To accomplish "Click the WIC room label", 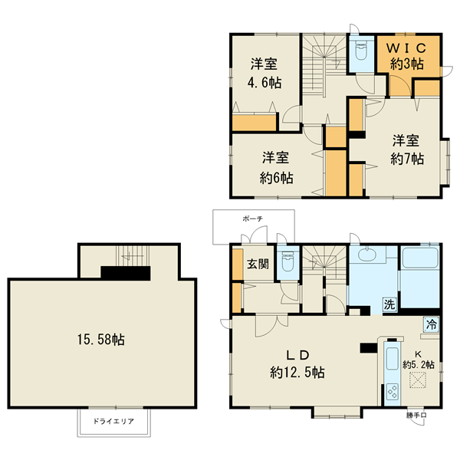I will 406,48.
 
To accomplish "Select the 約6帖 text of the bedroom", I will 275,178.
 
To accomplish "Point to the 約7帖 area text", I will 406,159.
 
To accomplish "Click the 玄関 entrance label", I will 257,264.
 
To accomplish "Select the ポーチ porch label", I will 252,219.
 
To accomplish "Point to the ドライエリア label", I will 114,422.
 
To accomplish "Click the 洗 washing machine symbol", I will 389,304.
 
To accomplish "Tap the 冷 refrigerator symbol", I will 432,324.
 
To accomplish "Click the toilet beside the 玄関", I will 288,264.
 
